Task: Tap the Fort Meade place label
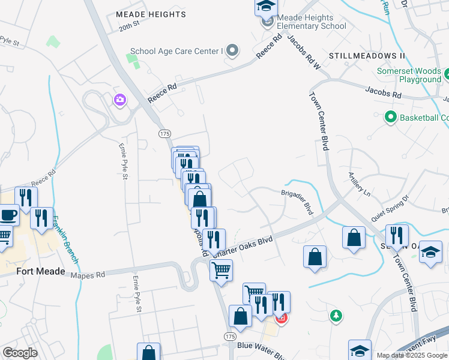(41, 271)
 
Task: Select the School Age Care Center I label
(176, 52)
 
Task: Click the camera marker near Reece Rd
(120, 100)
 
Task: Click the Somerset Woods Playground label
(409, 75)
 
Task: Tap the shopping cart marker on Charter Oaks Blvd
(221, 271)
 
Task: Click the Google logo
(19, 353)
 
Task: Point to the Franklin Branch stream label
(65, 239)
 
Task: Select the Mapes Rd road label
(88, 274)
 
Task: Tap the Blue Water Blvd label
(261, 347)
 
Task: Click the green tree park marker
(336, 315)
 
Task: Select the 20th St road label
(128, 26)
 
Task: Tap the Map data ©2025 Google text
(412, 355)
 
